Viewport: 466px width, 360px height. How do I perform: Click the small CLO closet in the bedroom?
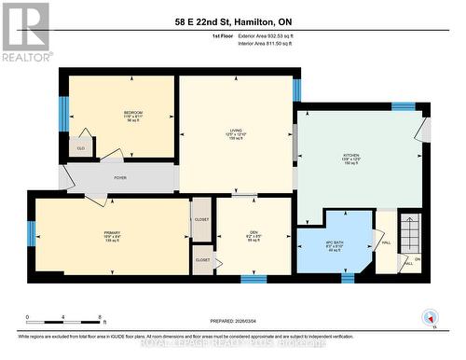click(81, 146)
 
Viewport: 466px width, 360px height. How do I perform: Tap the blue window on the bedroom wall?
click(64, 113)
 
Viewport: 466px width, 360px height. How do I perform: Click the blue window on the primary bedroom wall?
click(31, 233)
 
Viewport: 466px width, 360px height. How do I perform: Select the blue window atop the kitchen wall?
click(403, 106)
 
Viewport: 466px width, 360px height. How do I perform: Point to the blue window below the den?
click(253, 278)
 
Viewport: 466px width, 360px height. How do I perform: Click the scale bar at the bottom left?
click(65, 319)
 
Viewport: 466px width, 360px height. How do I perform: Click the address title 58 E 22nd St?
click(232, 21)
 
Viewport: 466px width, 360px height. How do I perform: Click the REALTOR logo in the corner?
click(25, 31)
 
